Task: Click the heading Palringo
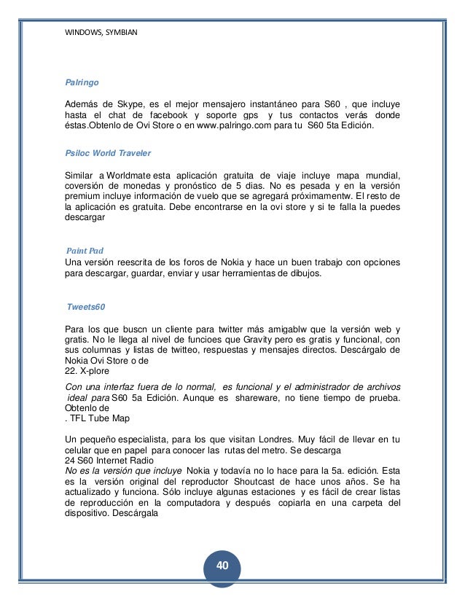pos(82,84)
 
